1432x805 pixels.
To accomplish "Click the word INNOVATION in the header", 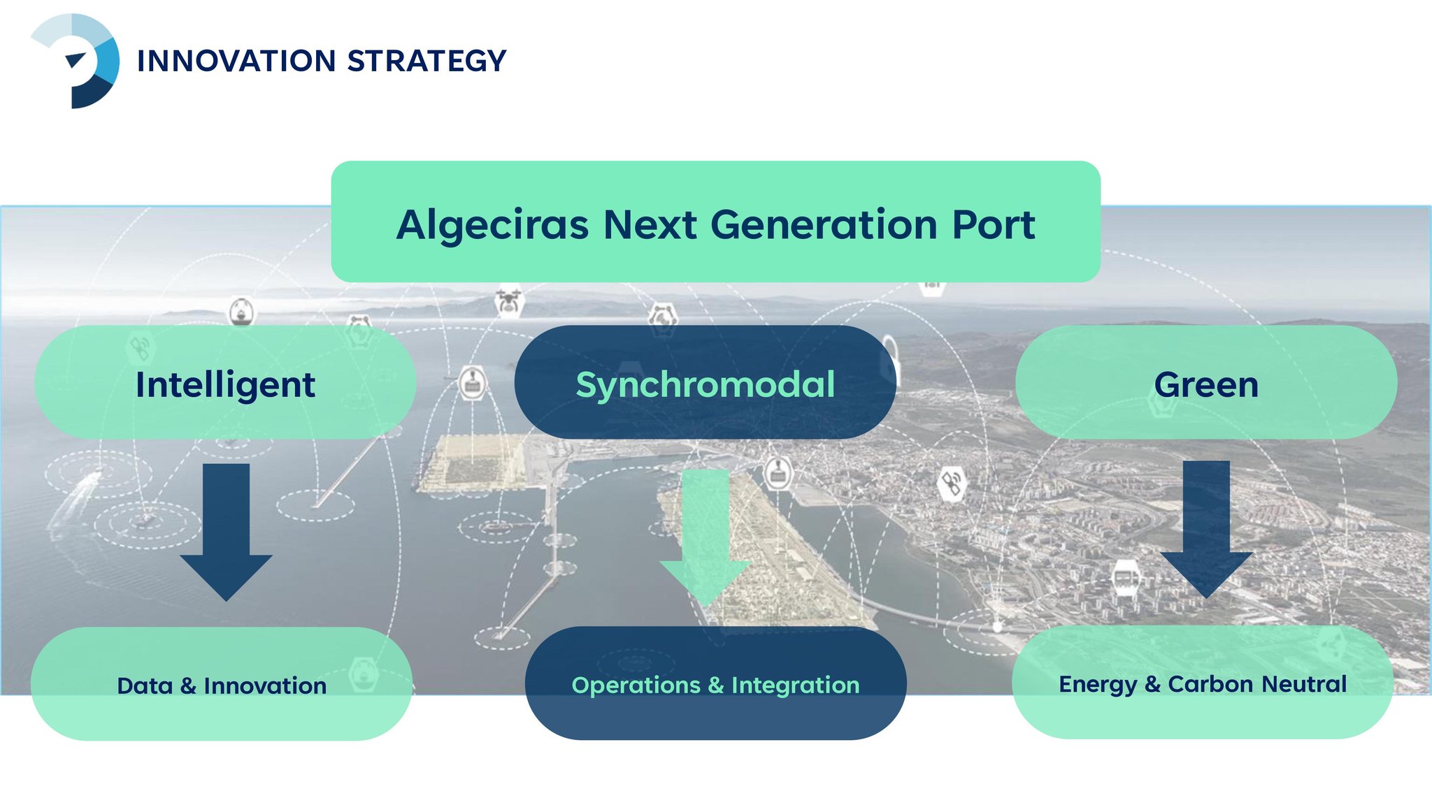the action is pos(237,61).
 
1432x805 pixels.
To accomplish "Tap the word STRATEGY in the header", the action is pos(427,61).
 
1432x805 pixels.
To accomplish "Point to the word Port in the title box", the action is pos(993,225).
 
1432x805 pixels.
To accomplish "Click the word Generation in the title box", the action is pos(824,225).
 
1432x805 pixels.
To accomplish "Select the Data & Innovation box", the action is pos(222,683).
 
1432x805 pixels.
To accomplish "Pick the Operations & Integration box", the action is pos(715,683).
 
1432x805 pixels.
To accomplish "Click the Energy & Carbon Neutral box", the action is pos(1203,682).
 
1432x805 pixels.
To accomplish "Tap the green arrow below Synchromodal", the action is pos(706,538).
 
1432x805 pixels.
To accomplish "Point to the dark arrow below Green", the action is pos(1206,529).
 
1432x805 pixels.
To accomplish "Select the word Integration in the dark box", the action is pos(796,685).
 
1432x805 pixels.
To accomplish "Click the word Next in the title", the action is pos(650,225).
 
